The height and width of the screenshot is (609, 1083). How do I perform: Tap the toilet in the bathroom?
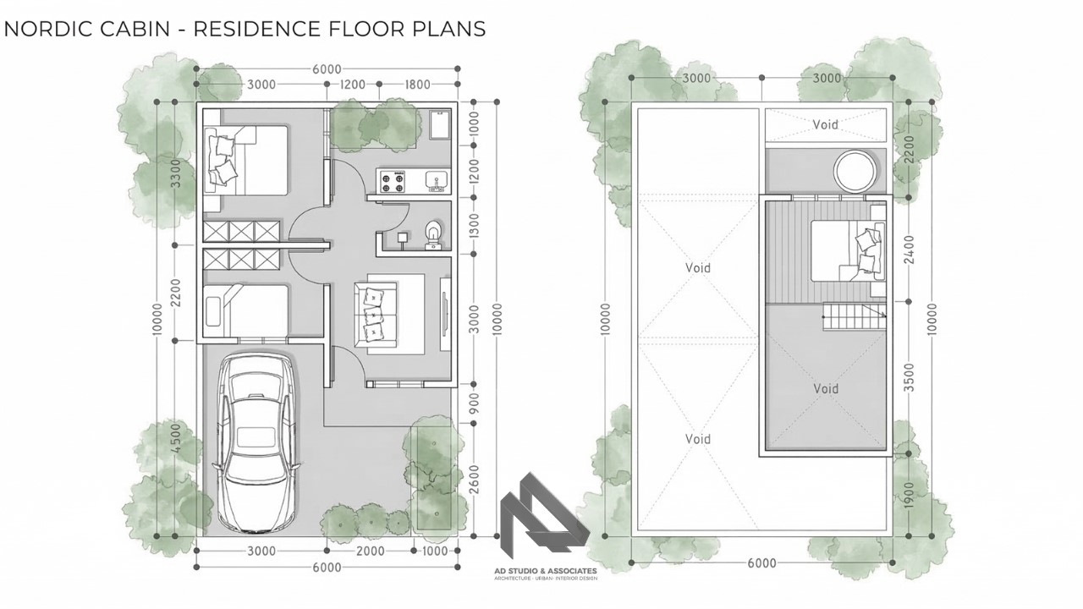tap(433, 233)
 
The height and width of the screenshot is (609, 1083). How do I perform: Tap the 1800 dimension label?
tap(418, 85)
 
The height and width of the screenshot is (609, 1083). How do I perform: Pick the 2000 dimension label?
tap(369, 551)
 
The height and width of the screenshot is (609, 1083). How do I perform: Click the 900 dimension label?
tap(474, 406)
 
